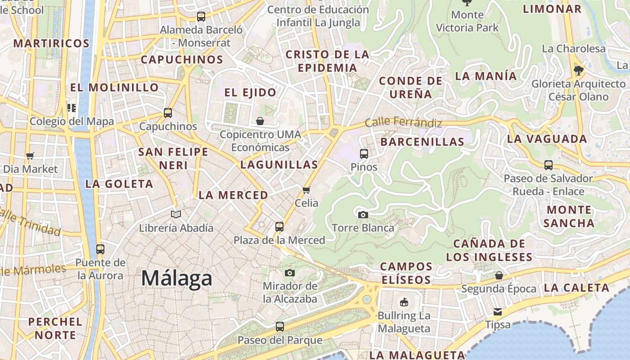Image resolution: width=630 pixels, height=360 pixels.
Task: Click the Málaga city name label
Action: (176, 278)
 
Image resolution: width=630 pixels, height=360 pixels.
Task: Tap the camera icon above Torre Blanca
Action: (363, 215)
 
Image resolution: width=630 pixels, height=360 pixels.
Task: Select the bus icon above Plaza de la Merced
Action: (279, 226)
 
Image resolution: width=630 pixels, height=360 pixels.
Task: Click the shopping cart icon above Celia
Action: (306, 190)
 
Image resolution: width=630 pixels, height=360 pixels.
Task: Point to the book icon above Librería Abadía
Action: (176, 214)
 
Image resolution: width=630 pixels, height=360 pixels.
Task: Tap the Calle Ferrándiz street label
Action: (403, 122)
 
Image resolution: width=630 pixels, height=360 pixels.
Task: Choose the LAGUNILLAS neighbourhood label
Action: (279, 165)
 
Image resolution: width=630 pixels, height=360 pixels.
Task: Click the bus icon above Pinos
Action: (364, 153)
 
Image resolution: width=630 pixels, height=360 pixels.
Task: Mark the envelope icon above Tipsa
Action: (498, 311)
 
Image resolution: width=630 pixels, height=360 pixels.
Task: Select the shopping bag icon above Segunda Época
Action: (499, 275)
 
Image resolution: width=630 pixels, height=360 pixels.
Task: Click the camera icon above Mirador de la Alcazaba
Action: (290, 273)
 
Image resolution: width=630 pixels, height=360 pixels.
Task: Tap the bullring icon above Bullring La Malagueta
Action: (404, 302)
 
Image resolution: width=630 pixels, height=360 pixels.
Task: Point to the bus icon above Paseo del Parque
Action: (280, 327)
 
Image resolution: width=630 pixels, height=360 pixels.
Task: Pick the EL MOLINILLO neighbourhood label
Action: (114, 87)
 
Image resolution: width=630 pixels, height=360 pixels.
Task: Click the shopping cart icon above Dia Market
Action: (30, 156)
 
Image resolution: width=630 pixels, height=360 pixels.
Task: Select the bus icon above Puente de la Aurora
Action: (100, 249)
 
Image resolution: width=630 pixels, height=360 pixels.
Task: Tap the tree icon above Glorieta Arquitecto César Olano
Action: (578, 70)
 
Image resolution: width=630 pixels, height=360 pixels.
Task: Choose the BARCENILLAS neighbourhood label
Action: (422, 142)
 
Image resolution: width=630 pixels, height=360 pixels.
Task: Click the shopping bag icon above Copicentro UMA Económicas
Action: (260, 121)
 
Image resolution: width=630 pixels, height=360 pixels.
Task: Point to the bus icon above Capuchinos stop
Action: (168, 113)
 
